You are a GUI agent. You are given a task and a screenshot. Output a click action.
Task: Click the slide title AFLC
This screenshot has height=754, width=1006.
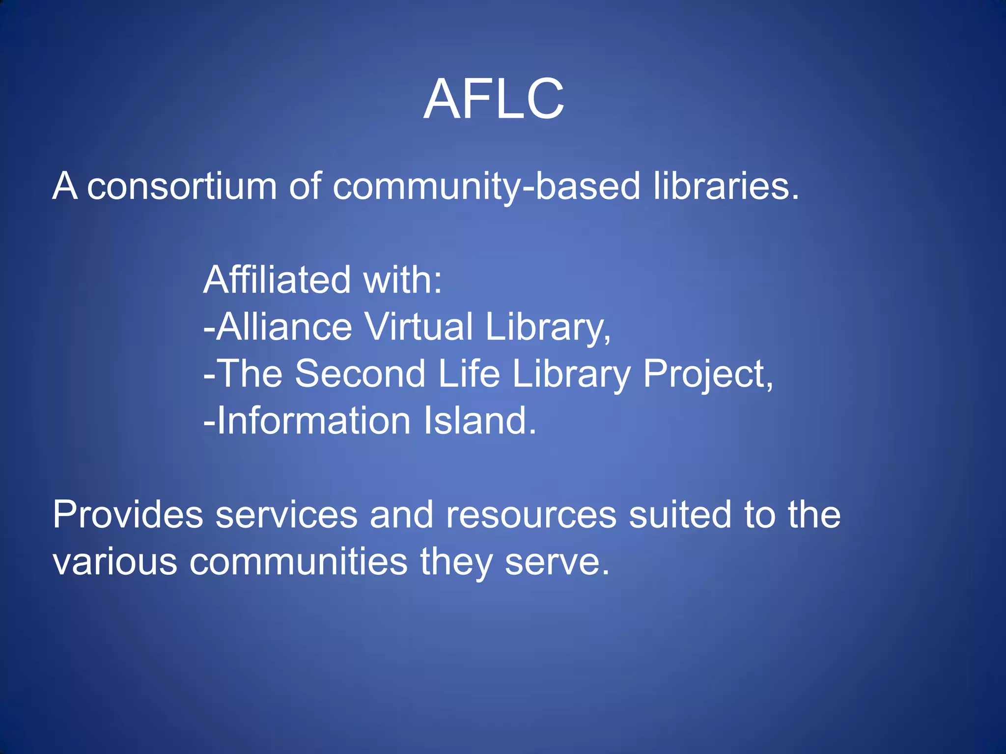pyautogui.click(x=494, y=99)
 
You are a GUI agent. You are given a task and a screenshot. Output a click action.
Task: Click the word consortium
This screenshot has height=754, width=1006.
pyautogui.click(x=182, y=187)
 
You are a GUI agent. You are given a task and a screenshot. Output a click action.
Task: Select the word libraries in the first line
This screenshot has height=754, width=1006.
pyautogui.click(x=726, y=187)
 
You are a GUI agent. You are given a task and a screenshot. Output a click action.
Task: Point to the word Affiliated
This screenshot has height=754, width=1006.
pyautogui.click(x=277, y=280)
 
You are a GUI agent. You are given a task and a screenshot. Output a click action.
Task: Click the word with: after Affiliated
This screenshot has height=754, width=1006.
pyautogui.click(x=403, y=280)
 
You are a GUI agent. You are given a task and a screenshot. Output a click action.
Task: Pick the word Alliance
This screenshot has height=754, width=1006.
pyautogui.click(x=284, y=327)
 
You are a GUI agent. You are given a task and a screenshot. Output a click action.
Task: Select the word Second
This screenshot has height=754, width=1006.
pyautogui.click(x=360, y=374)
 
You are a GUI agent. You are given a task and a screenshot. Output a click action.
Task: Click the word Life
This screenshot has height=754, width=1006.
pyautogui.click(x=469, y=374)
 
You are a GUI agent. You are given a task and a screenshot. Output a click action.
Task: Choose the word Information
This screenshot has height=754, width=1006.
pyautogui.click(x=313, y=421)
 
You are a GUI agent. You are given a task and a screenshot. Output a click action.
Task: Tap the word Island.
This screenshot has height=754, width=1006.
pyautogui.click(x=480, y=421)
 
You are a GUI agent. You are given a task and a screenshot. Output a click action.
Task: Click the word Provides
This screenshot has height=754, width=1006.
pyautogui.click(x=128, y=514)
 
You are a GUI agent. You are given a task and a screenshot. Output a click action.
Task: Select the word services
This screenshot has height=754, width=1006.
pyautogui.click(x=287, y=514)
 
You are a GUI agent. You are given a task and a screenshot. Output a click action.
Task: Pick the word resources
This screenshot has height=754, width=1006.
pyautogui.click(x=531, y=515)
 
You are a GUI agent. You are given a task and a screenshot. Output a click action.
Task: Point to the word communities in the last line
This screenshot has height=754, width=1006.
pyautogui.click(x=299, y=562)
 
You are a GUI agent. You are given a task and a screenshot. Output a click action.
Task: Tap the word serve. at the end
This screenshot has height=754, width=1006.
pyautogui.click(x=557, y=563)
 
